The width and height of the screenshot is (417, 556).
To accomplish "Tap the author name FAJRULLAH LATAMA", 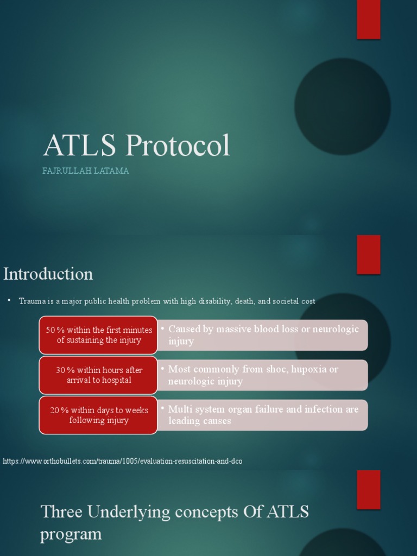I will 86,171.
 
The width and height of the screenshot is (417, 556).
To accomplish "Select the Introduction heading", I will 48,274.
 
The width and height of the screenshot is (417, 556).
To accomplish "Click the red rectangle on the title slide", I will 368,19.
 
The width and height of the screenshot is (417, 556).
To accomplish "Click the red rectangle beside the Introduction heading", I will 368,254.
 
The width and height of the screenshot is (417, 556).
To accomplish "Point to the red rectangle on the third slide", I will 368,489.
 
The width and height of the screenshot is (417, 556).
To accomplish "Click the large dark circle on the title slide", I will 342,106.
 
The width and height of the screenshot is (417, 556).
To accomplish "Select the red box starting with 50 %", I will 98,335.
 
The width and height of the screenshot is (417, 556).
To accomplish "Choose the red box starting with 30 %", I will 98,375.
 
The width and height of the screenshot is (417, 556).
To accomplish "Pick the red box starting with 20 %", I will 98,415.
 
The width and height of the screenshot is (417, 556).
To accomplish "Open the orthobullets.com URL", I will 123,461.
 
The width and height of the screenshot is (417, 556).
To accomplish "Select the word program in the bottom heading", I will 71,534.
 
